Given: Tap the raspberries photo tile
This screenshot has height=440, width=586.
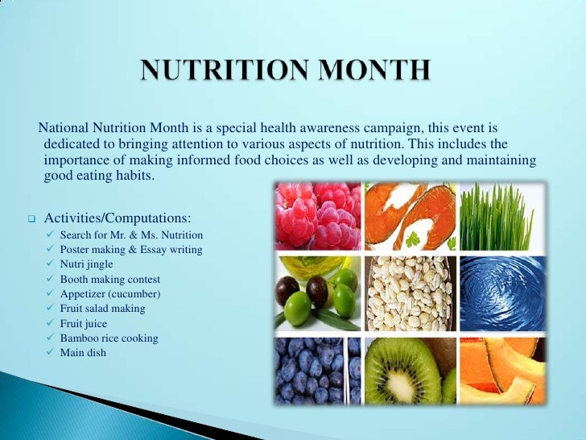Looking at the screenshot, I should pyautogui.click(x=317, y=215).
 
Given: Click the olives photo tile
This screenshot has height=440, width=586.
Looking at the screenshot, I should pyautogui.click(x=317, y=294).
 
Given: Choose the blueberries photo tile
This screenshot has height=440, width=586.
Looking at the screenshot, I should pyautogui.click(x=317, y=369).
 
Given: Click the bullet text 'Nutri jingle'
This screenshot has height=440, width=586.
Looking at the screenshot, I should pyautogui.click(x=86, y=264).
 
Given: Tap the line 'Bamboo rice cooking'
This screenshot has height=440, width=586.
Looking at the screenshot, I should pyautogui.click(x=109, y=338).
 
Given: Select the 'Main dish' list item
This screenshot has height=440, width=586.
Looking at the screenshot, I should pyautogui.click(x=83, y=353).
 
